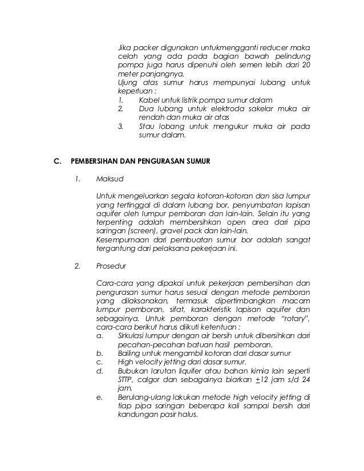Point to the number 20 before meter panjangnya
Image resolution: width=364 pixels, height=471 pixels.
pos(306,65)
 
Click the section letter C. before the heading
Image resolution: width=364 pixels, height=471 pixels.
pos(56,161)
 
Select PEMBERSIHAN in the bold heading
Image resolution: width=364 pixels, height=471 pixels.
pos(95,161)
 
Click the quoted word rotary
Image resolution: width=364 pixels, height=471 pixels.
pos(292,318)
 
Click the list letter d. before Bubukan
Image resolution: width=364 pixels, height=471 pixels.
pos(100,371)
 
